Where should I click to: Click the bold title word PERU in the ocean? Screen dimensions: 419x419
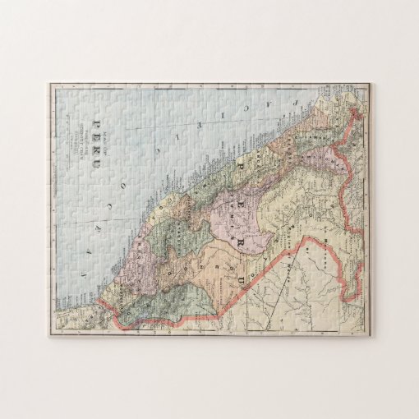pos(99,135)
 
